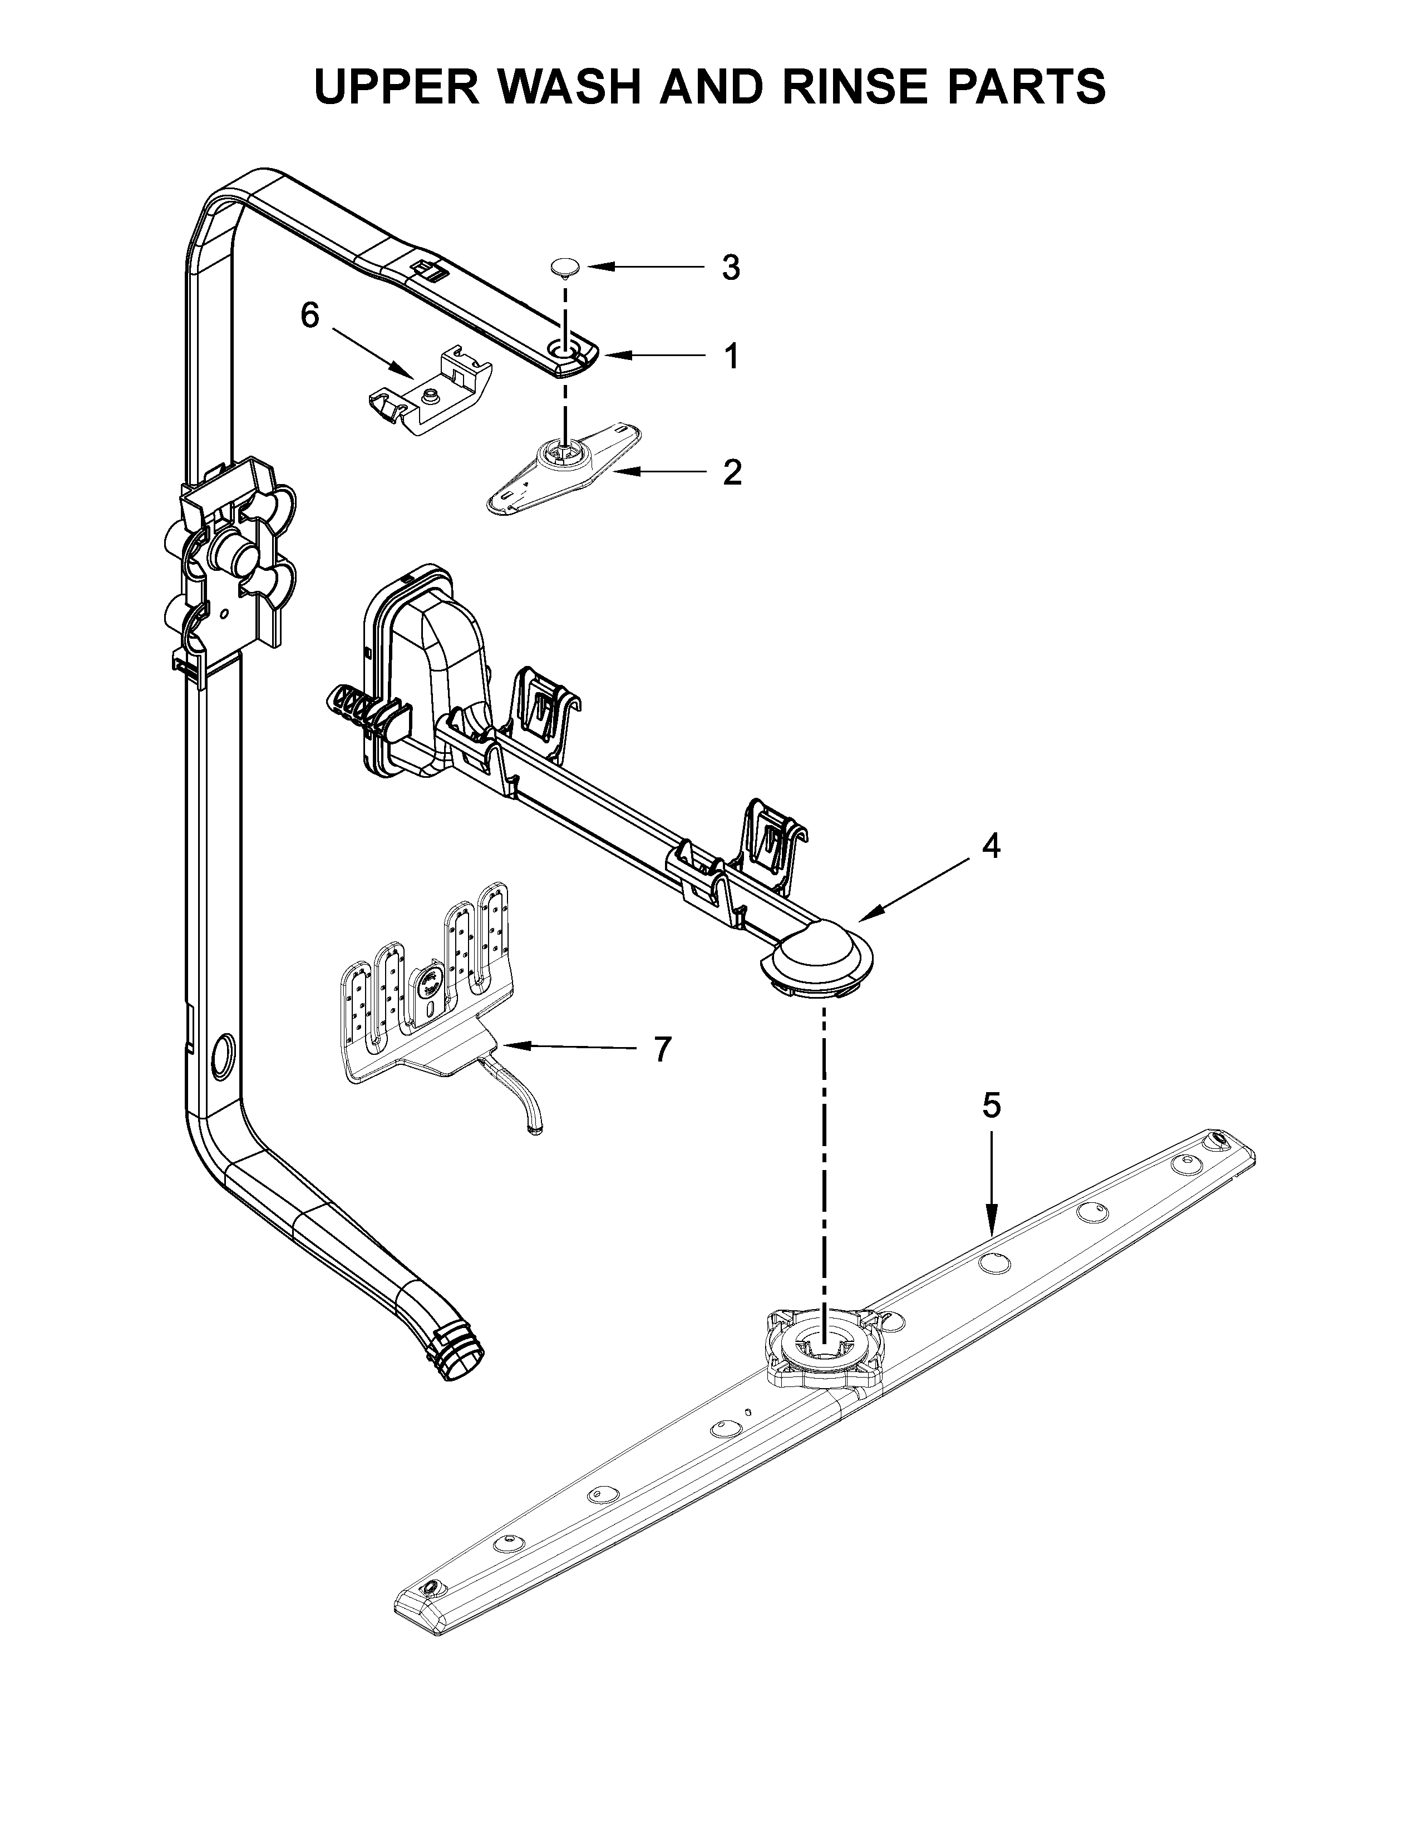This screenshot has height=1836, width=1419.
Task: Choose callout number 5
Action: (x=992, y=1105)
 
